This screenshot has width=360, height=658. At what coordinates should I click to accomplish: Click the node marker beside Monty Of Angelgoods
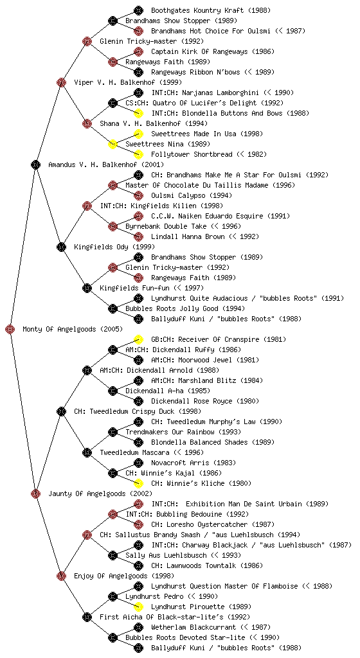(10, 329)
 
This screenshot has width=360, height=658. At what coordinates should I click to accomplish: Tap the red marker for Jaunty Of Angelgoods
(35, 493)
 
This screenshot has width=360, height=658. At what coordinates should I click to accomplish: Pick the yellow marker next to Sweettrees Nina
(113, 144)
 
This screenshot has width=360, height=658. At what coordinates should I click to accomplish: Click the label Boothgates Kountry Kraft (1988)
(211, 10)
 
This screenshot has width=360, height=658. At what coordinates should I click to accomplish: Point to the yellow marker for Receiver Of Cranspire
(138, 339)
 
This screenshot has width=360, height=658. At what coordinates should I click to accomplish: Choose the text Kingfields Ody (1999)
(114, 247)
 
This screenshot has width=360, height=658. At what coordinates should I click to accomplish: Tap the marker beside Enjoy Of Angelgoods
(61, 576)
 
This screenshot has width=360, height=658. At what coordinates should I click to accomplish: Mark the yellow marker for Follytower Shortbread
(138, 154)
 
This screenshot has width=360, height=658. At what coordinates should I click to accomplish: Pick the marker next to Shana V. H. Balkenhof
(87, 123)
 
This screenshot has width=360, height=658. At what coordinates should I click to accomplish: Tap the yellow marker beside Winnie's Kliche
(138, 483)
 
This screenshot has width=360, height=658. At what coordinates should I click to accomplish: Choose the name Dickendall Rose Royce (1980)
(205, 401)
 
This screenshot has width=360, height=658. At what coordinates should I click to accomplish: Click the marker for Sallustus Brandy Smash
(87, 535)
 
